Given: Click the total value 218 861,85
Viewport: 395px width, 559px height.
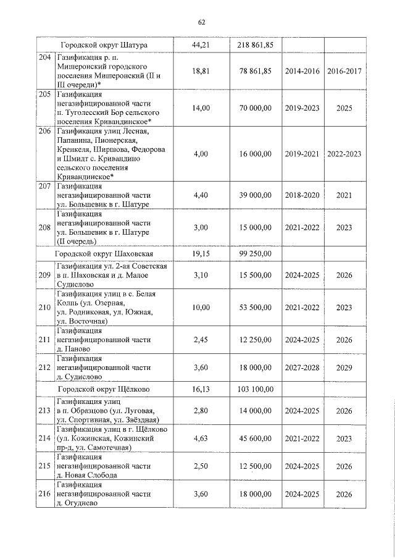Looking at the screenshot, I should click(255, 46).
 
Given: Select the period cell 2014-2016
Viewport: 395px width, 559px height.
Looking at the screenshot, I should click(302, 72).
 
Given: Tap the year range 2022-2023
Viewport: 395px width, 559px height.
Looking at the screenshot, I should click(344, 154).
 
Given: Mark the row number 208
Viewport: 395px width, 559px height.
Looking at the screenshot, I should click(44, 227).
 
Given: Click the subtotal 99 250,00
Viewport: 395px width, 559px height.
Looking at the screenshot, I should click(255, 253).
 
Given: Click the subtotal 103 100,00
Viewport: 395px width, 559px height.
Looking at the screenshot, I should click(255, 389).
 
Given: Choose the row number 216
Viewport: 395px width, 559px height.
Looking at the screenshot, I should click(44, 494).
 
